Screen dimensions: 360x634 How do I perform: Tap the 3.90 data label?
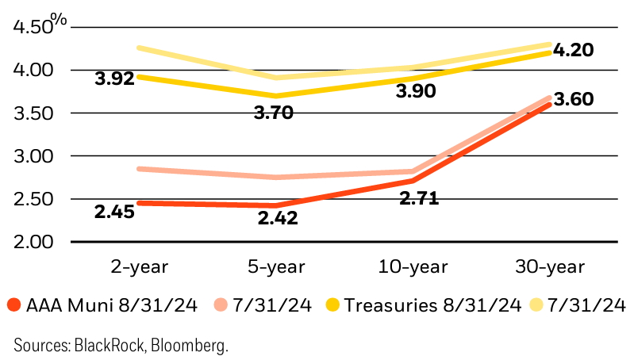pyautogui.click(x=416, y=93)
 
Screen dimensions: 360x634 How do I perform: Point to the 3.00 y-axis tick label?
pyautogui.click(x=34, y=156)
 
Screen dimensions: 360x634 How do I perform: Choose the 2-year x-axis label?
pyautogui.click(x=140, y=266)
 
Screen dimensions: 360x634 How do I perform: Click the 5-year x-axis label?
pyautogui.click(x=278, y=266)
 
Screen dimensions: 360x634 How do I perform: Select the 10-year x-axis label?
pyautogui.click(x=415, y=266)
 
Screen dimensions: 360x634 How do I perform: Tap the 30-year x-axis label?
pyautogui.click(x=552, y=266)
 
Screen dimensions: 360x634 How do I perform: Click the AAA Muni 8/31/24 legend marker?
pyautogui.click(x=13, y=304)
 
